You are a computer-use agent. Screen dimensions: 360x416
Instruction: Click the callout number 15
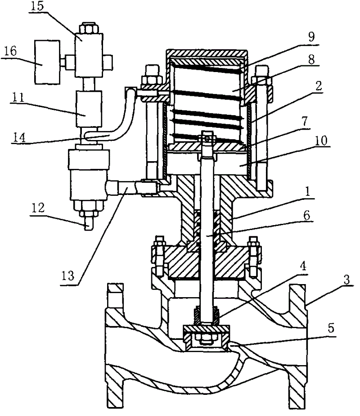tap(37, 6)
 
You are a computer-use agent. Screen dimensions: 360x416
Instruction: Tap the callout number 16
tap(10, 51)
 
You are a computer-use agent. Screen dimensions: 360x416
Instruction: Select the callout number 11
tap(18, 97)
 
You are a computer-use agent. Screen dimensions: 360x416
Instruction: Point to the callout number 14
tap(19, 138)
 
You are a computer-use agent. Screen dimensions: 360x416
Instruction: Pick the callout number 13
tap(68, 276)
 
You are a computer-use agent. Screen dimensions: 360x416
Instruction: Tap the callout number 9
tap(311, 36)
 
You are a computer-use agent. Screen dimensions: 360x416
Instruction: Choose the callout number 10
tap(321, 140)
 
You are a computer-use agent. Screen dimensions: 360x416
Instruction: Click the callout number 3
tap(347, 280)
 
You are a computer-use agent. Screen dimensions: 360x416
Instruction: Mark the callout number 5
tap(331, 328)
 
